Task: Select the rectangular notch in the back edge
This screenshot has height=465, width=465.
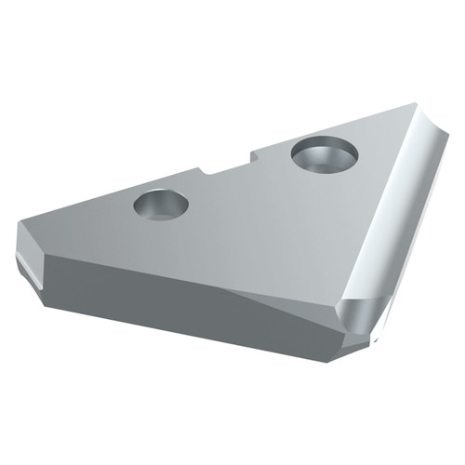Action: pos(228,165)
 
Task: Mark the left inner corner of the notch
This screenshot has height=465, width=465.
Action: pos(203,171)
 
